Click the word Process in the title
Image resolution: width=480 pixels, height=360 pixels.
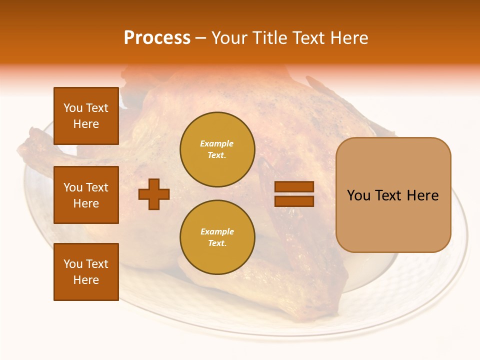click(157, 38)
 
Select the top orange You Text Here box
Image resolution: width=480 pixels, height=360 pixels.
click(86, 116)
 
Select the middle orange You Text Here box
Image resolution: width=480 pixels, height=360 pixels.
click(86, 195)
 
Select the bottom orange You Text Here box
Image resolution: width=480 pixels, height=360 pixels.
click(86, 272)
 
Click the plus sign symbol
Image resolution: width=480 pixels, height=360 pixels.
click(153, 194)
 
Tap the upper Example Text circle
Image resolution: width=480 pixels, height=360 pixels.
click(217, 149)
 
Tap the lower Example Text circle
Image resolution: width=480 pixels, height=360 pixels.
click(217, 237)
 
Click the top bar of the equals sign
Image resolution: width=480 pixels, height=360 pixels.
click(294, 186)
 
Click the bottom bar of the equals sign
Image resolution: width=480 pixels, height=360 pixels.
click(294, 201)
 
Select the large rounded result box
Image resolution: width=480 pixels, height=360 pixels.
click(393, 195)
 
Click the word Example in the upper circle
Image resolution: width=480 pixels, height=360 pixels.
click(216, 143)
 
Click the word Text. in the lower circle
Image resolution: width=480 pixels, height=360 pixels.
click(217, 243)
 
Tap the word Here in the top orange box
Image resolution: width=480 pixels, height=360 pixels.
click(86, 124)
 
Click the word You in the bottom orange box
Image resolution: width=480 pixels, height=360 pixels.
click(72, 264)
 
